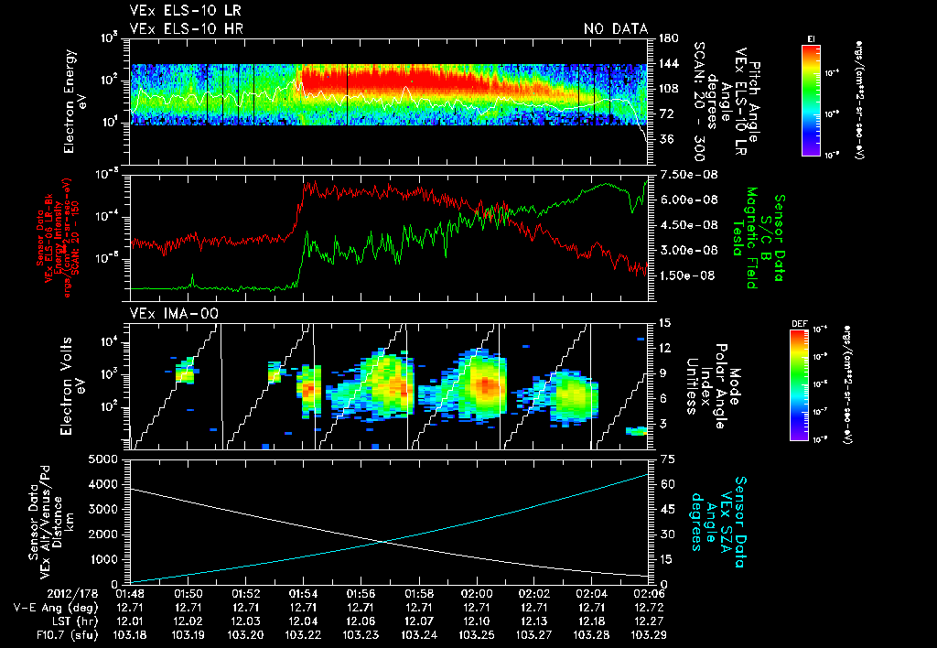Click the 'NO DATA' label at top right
click(x=616, y=29)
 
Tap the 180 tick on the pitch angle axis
click(x=667, y=38)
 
